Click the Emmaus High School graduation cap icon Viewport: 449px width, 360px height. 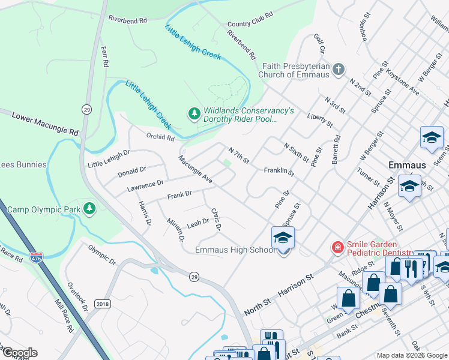[283, 239]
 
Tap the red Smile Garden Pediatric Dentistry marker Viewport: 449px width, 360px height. [338, 247]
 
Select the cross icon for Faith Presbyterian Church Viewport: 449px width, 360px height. [339, 69]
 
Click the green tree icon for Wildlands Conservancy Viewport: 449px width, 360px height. [194, 113]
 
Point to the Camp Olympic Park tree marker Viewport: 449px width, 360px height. [90, 208]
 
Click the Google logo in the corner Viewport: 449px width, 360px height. [19, 353]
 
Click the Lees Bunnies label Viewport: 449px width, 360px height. [23, 164]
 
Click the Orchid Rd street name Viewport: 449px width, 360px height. [160, 137]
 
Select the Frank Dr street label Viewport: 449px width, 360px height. [179, 194]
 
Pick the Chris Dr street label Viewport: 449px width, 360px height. [217, 219]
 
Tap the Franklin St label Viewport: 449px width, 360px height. [279, 172]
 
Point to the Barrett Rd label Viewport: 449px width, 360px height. [336, 149]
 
